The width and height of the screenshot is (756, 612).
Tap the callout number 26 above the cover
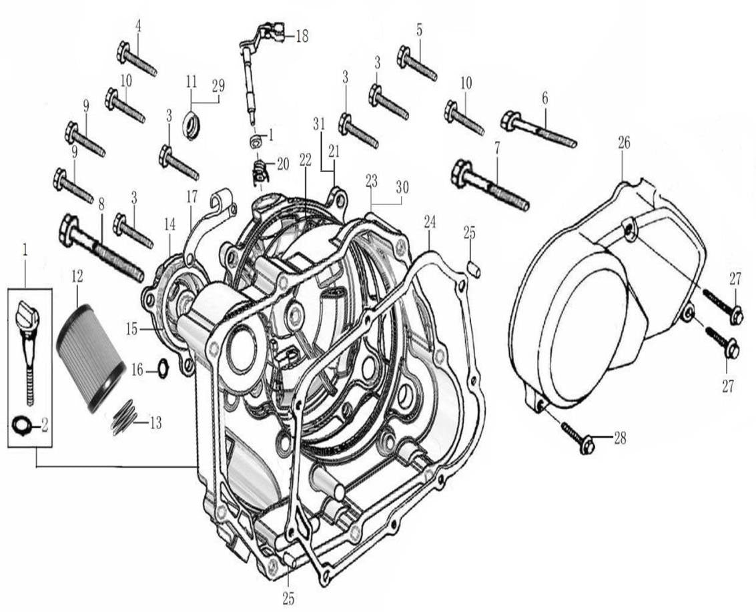624,142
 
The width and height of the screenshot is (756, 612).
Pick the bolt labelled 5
418,64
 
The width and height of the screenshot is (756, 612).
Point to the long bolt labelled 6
547,131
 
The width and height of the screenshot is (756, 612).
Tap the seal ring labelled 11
191,125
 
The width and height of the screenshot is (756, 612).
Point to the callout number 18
302,36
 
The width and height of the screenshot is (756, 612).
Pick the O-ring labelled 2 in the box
21,423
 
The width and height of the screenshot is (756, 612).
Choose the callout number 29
218,85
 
